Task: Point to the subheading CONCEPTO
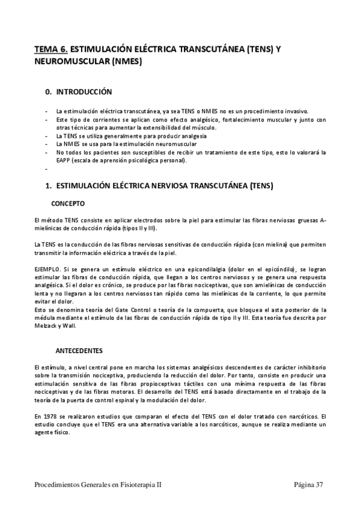[x=68, y=204]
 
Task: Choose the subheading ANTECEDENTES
[x=79, y=350]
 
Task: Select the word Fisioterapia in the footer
[x=138, y=484]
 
